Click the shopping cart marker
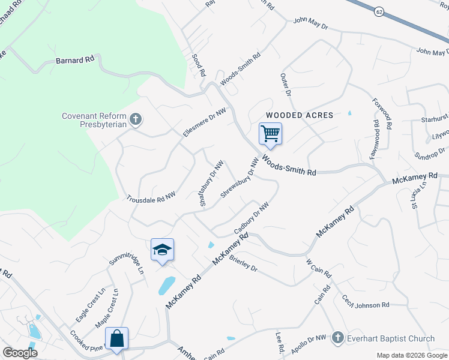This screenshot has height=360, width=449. coord(270,133)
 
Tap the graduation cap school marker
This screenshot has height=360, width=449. coord(162,249)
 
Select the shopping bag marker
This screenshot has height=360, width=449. coord(116,338)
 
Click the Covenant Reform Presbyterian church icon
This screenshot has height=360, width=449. coord(136,119)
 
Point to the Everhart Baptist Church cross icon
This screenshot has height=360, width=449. coord(338,338)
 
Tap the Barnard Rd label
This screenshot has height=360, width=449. coord(75,60)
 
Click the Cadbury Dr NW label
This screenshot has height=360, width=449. coord(250,220)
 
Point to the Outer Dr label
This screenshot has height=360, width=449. coord(286,85)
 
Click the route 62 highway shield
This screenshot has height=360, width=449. coord(378,11)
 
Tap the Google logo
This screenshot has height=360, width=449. coord(20,353)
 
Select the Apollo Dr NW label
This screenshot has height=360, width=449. coord(307,340)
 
